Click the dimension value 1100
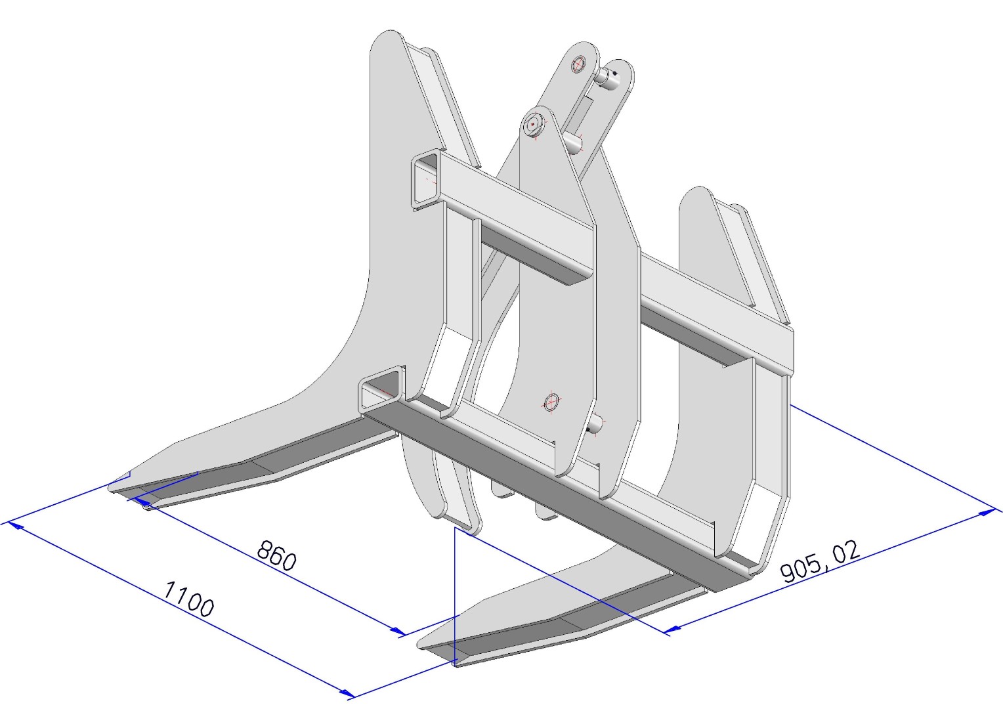point(188,598)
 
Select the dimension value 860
point(277,556)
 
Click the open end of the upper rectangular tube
point(426,179)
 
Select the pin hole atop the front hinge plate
point(533,124)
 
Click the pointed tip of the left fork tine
point(110,488)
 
